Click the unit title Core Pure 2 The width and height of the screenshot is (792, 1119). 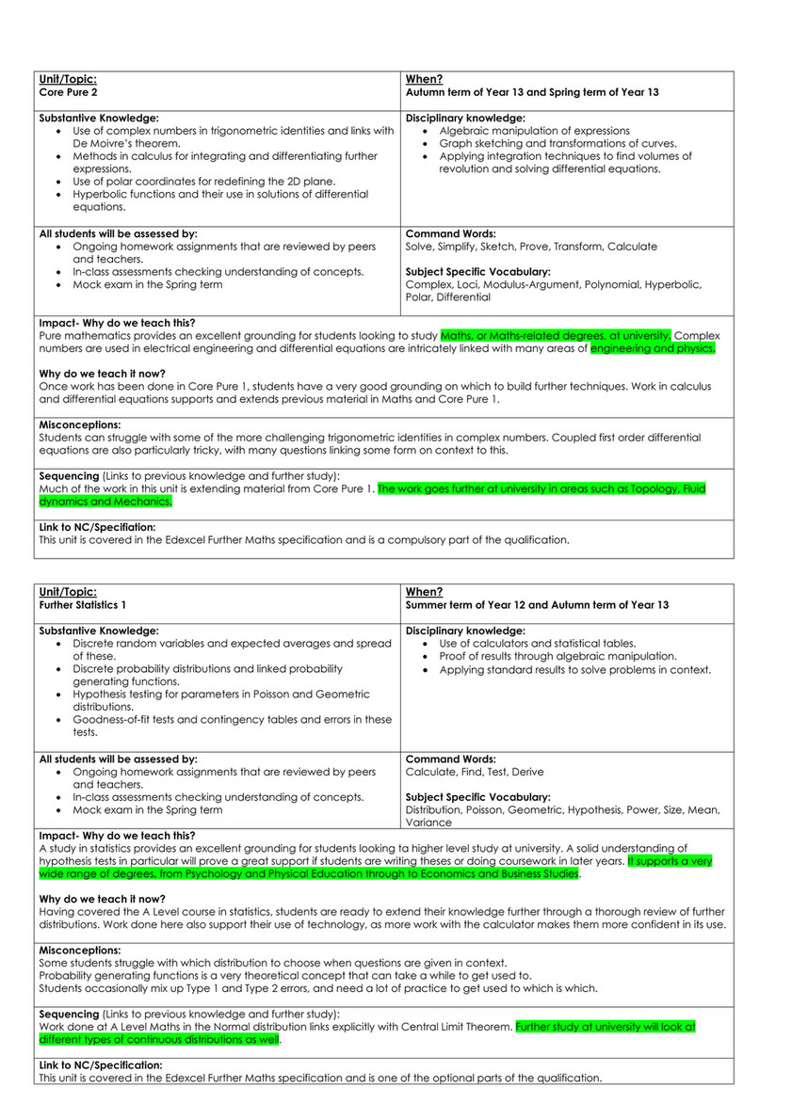click(69, 92)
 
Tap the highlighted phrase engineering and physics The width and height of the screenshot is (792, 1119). click(653, 348)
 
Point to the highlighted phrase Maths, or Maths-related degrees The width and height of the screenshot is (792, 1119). click(541, 335)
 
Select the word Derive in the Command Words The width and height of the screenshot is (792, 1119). click(527, 772)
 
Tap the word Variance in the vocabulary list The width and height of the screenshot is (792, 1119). click(428, 822)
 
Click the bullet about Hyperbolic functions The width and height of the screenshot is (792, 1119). click(220, 195)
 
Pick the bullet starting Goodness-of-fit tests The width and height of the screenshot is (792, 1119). click(232, 719)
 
